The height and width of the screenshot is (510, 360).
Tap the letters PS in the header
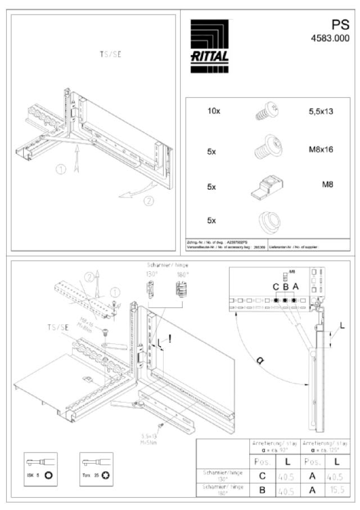pyautogui.click(x=340, y=25)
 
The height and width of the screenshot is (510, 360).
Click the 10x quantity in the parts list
pyautogui.click(x=214, y=111)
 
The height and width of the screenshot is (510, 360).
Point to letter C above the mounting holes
pyautogui.click(x=276, y=287)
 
